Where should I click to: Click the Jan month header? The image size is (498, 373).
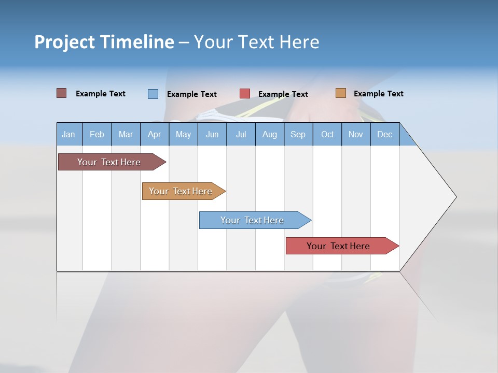pos(68,134)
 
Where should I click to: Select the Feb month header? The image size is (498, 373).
pos(97,134)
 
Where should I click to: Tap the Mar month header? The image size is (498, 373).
pos(126,134)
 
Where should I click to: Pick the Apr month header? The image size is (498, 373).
pos(154,134)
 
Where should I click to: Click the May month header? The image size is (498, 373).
pos(183,134)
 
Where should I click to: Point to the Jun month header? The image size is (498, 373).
pos(212,134)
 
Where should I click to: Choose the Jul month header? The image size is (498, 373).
pos(241,134)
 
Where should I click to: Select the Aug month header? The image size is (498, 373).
pos(269,134)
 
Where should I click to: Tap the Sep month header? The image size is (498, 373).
pos(298,134)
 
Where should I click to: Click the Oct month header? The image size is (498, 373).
pos(327,134)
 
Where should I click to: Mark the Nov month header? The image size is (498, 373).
pos(355,134)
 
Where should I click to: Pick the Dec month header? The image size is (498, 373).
pos(384,134)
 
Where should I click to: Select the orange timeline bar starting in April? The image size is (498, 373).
pos(182,191)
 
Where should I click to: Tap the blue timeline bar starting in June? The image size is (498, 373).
pos(253,220)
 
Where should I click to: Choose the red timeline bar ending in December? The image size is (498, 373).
pos(340,246)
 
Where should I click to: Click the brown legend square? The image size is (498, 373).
pos(62,93)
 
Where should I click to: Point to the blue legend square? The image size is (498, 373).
pos(153,94)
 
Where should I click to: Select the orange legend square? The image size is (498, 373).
pos(341,93)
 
